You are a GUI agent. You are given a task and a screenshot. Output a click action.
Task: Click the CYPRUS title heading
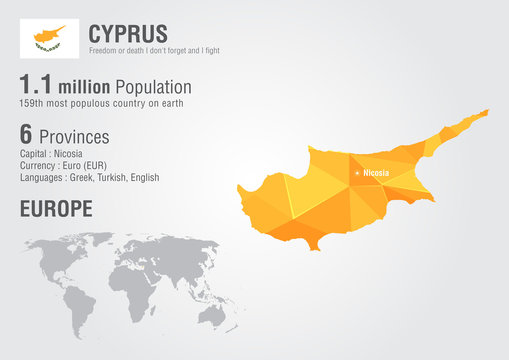pyautogui.click(x=128, y=34)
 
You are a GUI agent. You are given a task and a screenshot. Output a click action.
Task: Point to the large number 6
pyautogui.click(x=27, y=134)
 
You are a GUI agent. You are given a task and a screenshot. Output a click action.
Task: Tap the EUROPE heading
pyautogui.click(x=56, y=209)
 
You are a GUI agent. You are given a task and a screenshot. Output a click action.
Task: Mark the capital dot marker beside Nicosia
pyautogui.click(x=355, y=174)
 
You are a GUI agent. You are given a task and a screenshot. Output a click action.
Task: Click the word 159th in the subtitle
pyautogui.click(x=33, y=104)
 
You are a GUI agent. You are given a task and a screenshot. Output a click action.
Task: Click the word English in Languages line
pyautogui.click(x=143, y=178)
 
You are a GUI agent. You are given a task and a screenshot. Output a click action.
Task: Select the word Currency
pyautogui.click(x=38, y=166)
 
